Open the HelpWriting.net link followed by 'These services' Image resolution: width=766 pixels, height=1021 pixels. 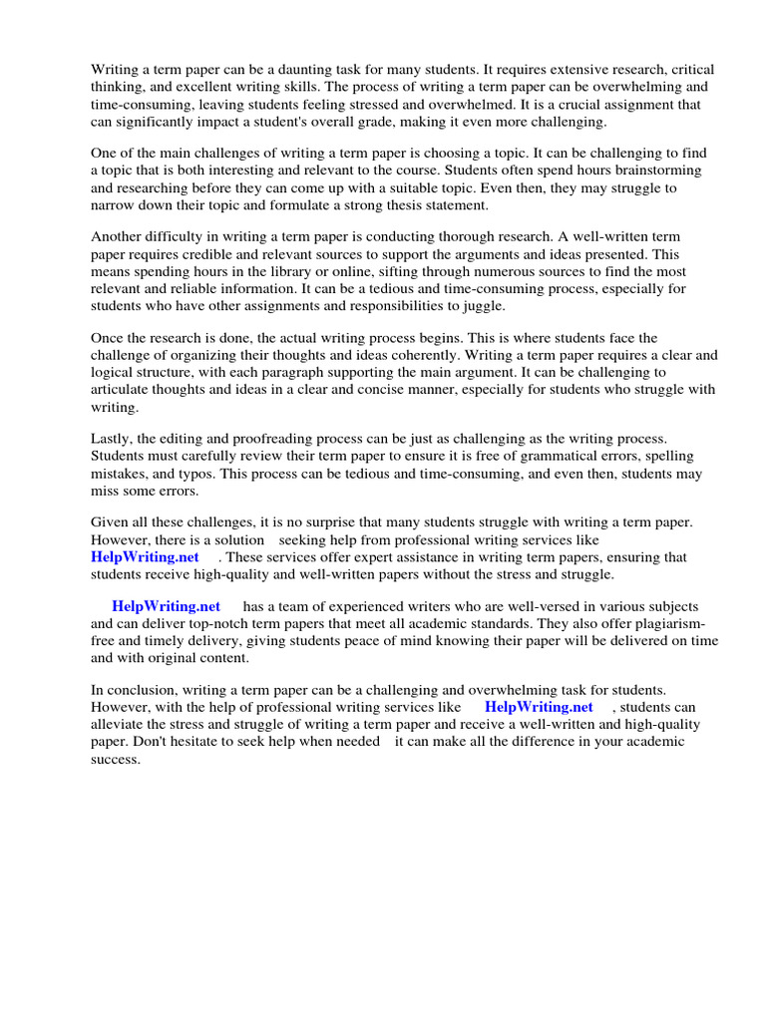tap(145, 557)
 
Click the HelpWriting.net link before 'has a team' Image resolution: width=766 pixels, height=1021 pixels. tap(166, 607)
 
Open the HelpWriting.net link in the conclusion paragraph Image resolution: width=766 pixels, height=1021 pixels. tap(539, 707)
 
